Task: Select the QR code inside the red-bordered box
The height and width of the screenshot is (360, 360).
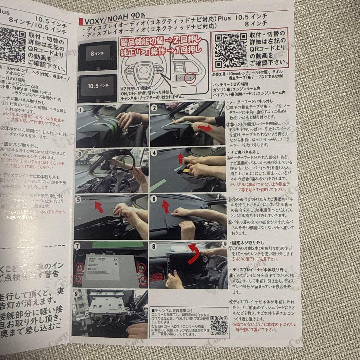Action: tap(230, 50)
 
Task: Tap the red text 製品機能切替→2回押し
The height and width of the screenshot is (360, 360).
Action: tap(161, 41)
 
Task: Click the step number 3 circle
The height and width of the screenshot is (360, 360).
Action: tap(79, 154)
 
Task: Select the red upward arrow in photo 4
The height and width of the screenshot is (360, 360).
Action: tap(180, 158)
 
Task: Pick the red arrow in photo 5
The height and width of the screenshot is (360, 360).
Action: tap(99, 207)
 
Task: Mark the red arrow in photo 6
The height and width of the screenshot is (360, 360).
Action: tap(166, 206)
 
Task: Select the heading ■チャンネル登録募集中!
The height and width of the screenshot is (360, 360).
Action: tap(172, 310)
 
